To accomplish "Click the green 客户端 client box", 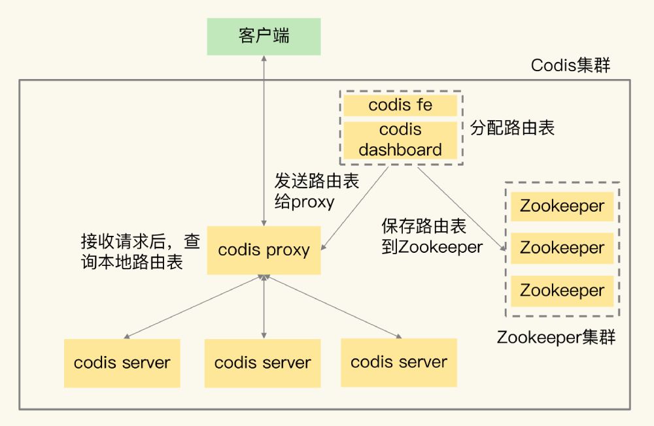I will tap(264, 36).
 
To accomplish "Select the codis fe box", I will tap(400, 105).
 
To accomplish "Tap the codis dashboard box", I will tap(400, 139).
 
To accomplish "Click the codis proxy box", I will tap(264, 250).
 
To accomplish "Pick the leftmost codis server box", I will tap(122, 363).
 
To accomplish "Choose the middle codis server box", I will tap(262, 363).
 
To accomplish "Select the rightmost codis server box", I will tap(399, 362).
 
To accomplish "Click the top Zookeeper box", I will tap(562, 206).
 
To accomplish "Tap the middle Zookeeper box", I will tap(562, 248).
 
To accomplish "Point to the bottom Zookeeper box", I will tap(562, 291).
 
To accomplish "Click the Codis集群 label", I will tap(570, 65).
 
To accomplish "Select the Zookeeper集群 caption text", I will tap(556, 338).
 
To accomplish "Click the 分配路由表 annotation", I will tap(512, 127).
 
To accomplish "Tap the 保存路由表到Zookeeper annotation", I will tap(432, 237).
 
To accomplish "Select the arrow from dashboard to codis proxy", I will tap(356, 208).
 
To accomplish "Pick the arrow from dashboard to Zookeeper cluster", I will tap(461, 208).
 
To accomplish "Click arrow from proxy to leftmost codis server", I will tap(193, 307).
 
